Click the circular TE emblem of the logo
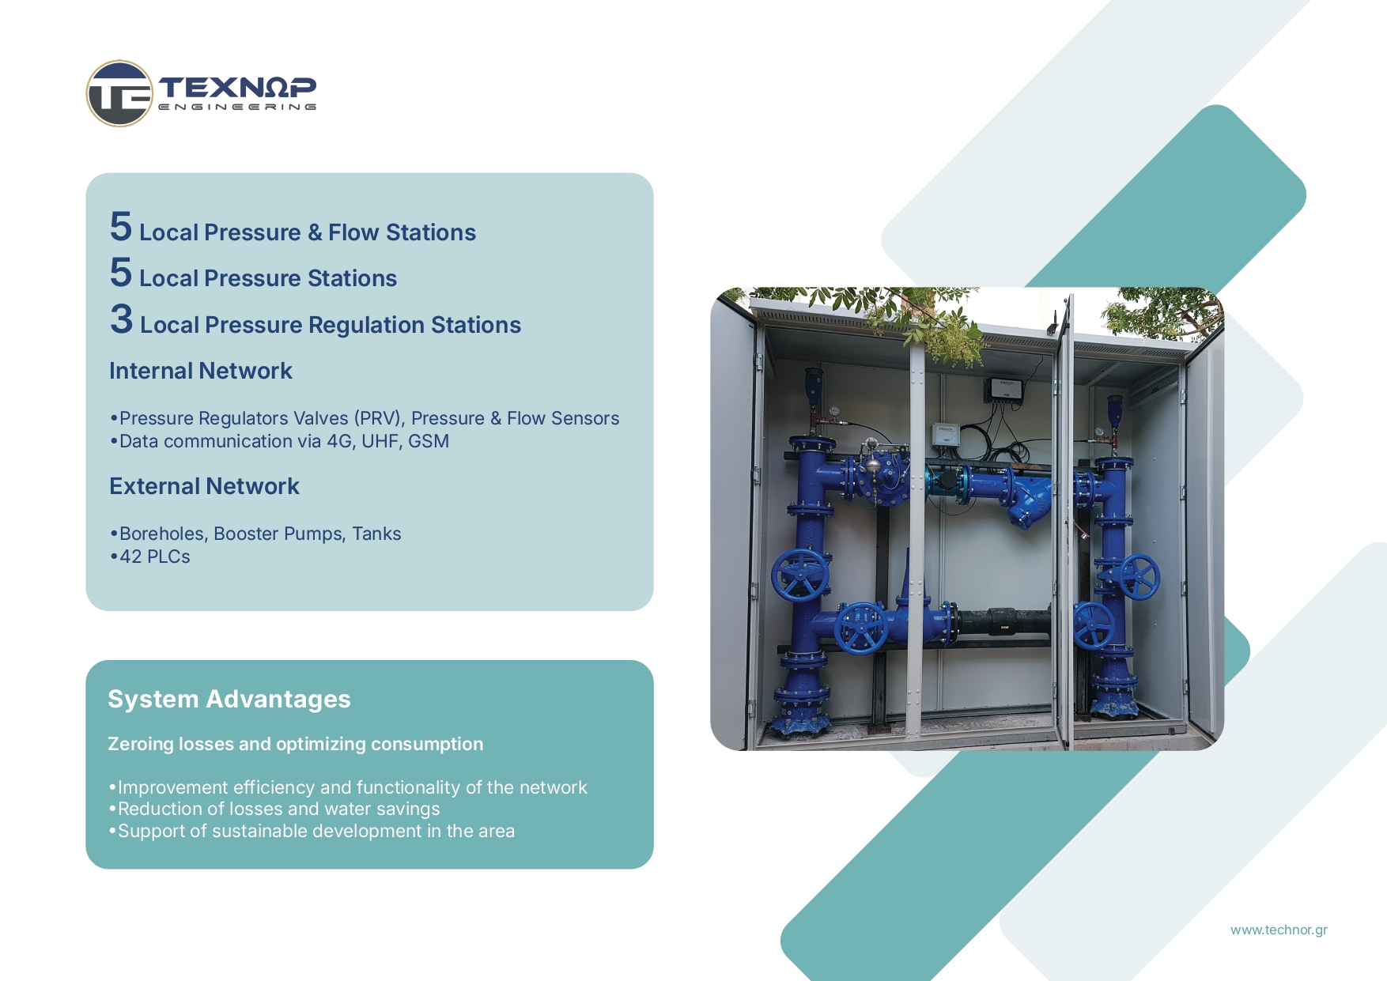[119, 93]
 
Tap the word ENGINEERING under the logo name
[237, 107]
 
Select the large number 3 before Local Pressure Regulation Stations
[121, 319]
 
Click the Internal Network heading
[201, 371]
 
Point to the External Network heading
[204, 486]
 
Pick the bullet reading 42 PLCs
[150, 557]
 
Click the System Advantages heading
[229, 699]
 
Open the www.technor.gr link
[1279, 930]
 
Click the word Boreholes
[164, 534]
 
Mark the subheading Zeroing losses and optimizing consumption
[295, 744]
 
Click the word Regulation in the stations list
[366, 325]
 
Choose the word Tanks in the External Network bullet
[376, 534]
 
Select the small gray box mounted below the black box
[946, 434]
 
